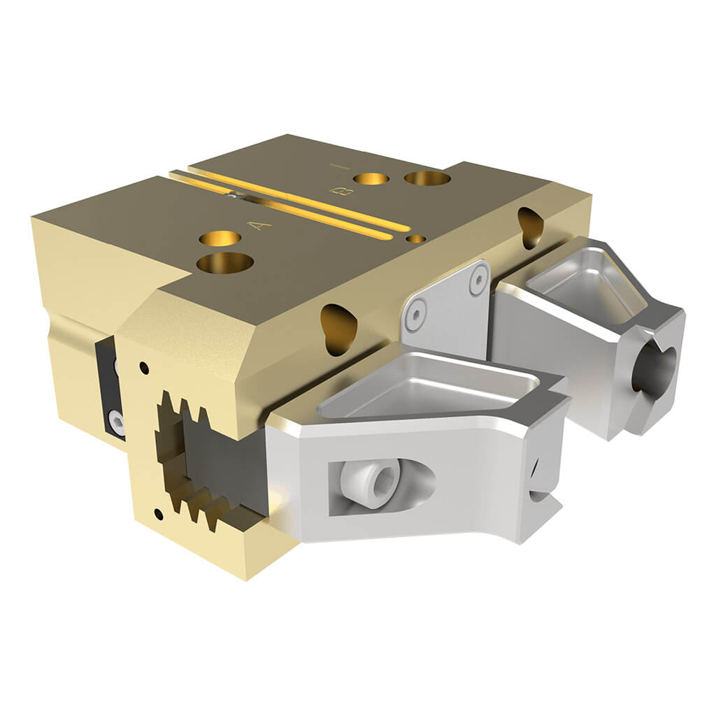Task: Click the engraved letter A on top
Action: pos(261,224)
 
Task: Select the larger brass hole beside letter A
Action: pos(224,263)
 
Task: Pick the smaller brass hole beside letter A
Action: pos(220,238)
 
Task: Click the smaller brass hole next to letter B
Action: pos(371,178)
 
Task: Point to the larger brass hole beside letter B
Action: pos(427,178)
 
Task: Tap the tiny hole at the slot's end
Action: pos(416,238)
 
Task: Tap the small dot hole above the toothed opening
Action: pos(143,366)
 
